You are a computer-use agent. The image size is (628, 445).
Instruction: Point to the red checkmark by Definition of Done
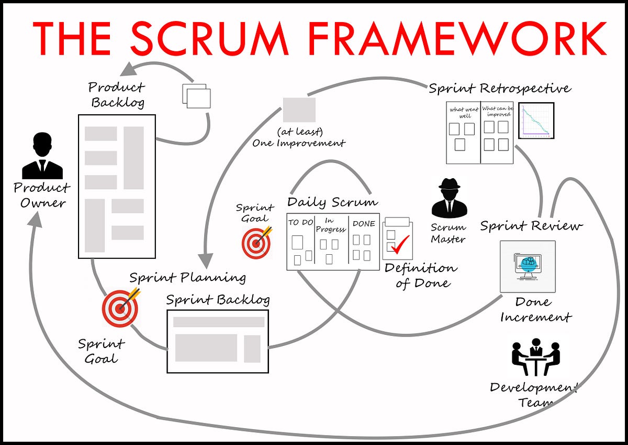pyautogui.click(x=400, y=244)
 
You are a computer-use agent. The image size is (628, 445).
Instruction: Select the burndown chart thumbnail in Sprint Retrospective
pyautogui.click(x=536, y=121)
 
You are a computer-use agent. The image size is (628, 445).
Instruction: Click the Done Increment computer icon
pyautogui.click(x=528, y=266)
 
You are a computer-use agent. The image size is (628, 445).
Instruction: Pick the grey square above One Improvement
pyautogui.click(x=299, y=110)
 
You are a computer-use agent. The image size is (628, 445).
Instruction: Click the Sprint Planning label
pyautogui.click(x=187, y=277)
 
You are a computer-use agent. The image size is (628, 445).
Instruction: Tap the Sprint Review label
pyautogui.click(x=531, y=226)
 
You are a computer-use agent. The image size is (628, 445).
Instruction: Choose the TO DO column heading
pyautogui.click(x=300, y=223)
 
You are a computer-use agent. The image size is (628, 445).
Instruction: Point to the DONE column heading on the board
pyautogui.click(x=364, y=223)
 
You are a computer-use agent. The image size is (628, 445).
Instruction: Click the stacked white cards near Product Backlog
pyautogui.click(x=197, y=96)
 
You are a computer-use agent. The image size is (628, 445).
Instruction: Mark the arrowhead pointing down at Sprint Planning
pyautogui.click(x=206, y=259)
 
